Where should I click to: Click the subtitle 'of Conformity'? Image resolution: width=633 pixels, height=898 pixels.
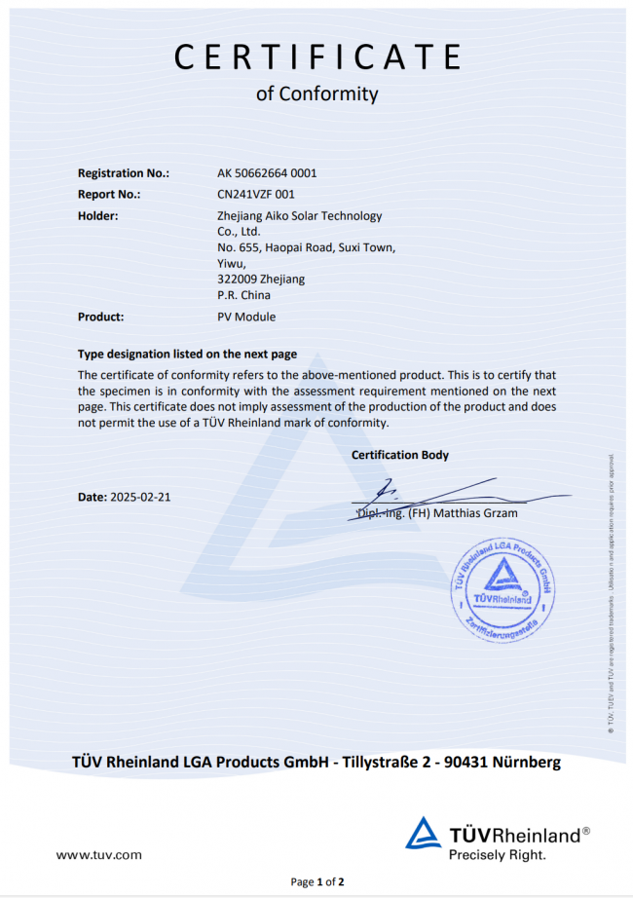316,94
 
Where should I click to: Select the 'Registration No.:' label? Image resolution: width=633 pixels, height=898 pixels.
124,173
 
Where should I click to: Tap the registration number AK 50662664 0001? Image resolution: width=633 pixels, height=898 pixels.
267,173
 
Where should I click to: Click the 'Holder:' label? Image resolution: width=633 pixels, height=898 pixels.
97,215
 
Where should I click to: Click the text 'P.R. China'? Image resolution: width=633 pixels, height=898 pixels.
243,295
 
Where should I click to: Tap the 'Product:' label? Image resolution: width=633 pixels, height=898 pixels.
100,317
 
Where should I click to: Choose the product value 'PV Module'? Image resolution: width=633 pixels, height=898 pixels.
246,317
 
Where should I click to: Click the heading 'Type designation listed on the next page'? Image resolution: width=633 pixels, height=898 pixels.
187,355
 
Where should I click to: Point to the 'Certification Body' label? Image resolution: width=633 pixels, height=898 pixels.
400,455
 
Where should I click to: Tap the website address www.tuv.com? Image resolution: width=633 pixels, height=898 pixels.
98,855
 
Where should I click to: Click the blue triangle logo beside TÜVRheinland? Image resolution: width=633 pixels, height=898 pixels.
424,834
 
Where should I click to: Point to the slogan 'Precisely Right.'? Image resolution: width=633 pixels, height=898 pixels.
497,854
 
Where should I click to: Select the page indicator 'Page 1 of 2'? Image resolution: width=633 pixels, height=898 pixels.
317,882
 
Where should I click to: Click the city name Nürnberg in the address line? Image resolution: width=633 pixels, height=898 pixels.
527,762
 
